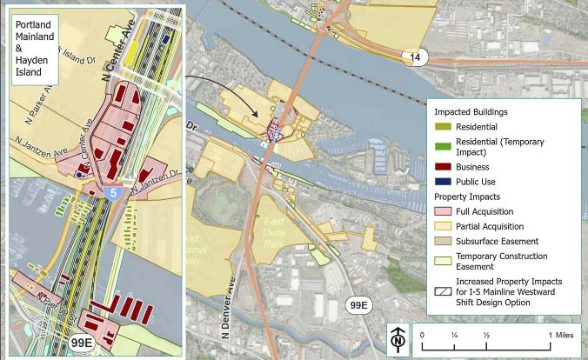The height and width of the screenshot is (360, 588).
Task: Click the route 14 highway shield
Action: [x=414, y=58]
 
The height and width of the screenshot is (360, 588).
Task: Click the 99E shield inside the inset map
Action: [x=82, y=343]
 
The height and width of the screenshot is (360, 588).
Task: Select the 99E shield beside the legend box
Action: [x=358, y=305]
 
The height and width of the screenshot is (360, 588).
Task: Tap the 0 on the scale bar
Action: [x=422, y=335]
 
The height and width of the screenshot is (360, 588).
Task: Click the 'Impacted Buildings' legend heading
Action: [x=471, y=112]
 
